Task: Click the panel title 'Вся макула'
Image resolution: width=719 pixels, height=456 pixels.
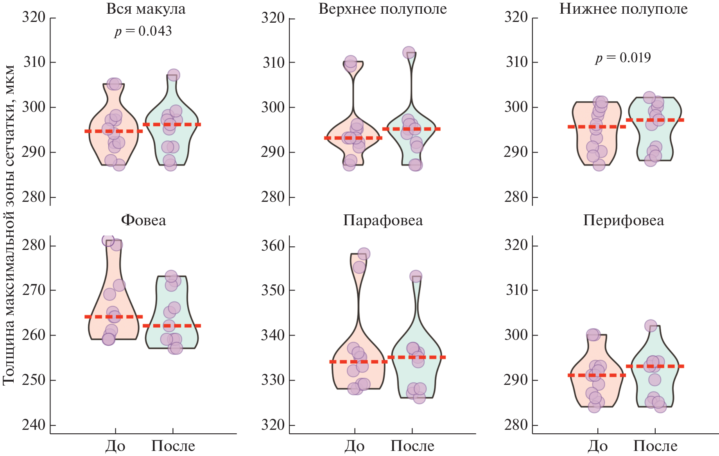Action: click(x=146, y=9)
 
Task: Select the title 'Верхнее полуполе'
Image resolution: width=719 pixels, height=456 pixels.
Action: click(x=382, y=9)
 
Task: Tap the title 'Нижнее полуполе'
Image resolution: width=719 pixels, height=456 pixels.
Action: click(x=623, y=9)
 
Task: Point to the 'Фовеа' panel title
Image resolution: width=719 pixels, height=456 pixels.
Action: click(x=143, y=221)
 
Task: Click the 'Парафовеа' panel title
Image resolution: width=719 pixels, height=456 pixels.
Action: click(x=383, y=221)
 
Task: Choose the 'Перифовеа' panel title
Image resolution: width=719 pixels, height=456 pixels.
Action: click(x=623, y=221)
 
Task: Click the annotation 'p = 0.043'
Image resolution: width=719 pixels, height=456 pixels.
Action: click(x=143, y=31)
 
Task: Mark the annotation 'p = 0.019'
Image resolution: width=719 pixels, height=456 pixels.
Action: click(x=623, y=58)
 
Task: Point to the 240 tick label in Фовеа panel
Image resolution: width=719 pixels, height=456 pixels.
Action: click(x=34, y=425)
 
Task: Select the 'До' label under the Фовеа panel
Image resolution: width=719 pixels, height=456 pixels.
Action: click(x=115, y=446)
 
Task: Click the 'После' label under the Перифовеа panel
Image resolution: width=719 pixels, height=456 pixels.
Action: click(x=655, y=446)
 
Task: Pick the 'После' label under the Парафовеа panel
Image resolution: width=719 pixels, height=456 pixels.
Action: click(x=412, y=446)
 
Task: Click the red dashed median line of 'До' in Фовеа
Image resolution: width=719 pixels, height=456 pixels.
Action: click(x=114, y=317)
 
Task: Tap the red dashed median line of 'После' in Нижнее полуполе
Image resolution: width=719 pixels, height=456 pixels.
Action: click(x=655, y=120)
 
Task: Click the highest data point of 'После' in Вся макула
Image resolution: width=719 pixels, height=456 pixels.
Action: click(x=173, y=75)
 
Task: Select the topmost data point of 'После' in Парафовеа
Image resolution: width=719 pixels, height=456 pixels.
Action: click(x=416, y=276)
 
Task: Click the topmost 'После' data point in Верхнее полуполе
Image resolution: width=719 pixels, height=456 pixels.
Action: click(x=409, y=52)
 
